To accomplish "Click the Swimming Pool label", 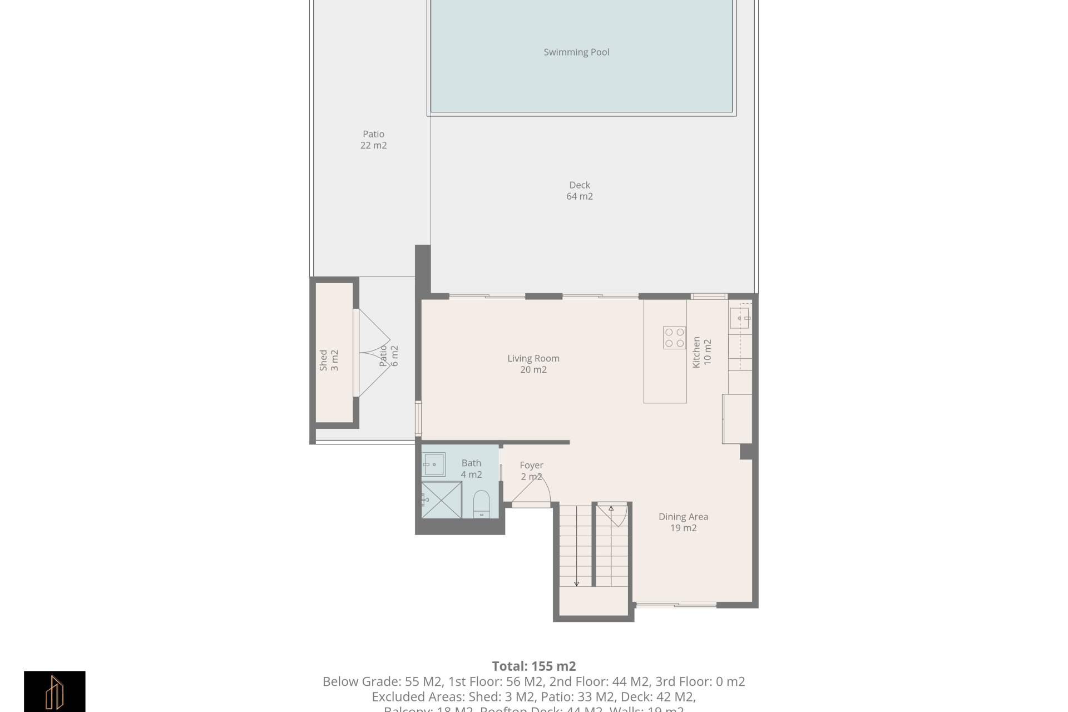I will tap(576, 52).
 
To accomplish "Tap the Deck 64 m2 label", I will tap(580, 191).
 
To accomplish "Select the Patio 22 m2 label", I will tap(373, 140).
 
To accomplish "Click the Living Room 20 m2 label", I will tap(533, 364).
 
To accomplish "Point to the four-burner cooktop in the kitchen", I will tap(674, 338).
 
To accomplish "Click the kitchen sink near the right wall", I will tap(740, 318).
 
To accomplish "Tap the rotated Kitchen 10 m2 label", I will tap(701, 352).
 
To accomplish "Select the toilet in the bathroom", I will tap(481, 503).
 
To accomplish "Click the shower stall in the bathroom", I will tap(442, 500).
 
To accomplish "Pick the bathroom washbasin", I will tap(433, 464).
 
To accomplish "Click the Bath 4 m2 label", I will tap(471, 469).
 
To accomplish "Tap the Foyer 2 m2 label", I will tap(531, 471).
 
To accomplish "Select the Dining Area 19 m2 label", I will tap(683, 522).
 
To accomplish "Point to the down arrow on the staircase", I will tap(576, 583).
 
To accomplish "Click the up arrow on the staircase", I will tap(611, 508).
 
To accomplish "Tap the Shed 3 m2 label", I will tap(329, 360).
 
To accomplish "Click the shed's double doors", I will tap(373, 353).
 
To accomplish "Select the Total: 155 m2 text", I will tap(533, 666).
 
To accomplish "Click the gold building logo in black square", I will tap(55, 691).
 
